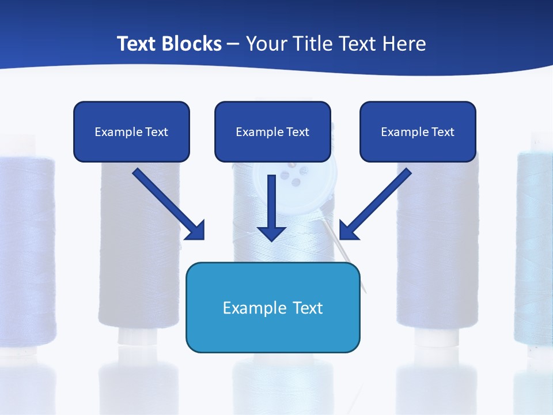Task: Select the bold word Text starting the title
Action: point(138,44)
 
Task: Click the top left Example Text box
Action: point(131,131)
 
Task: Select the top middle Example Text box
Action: point(272,131)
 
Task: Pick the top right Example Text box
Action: point(418,131)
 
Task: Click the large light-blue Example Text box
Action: point(272,307)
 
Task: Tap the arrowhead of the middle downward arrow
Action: point(271,232)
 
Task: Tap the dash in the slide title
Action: point(233,44)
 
